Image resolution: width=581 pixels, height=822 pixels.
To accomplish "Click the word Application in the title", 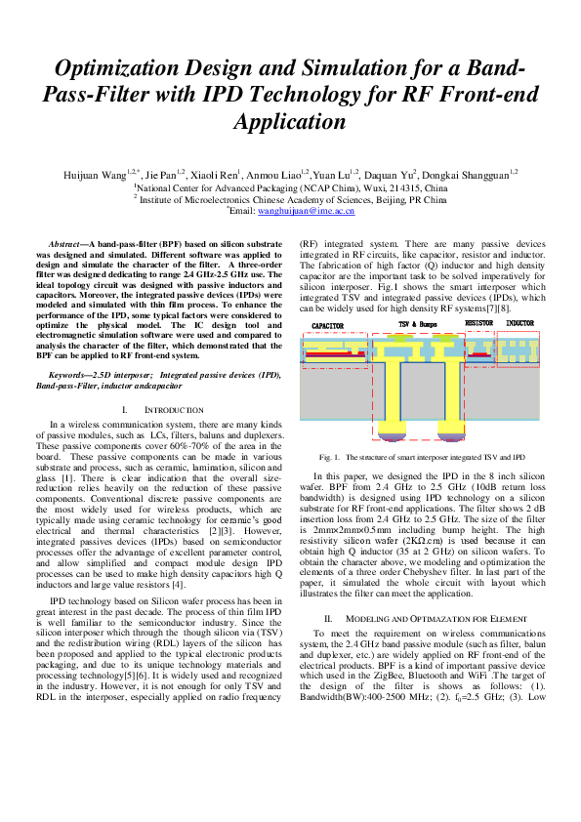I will click(x=290, y=122).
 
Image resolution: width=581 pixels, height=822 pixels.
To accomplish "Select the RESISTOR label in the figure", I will click(x=478, y=322).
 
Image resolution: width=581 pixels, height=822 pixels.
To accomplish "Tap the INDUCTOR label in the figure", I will click(x=519, y=322).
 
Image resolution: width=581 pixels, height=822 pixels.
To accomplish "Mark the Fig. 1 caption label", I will click(x=329, y=457).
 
